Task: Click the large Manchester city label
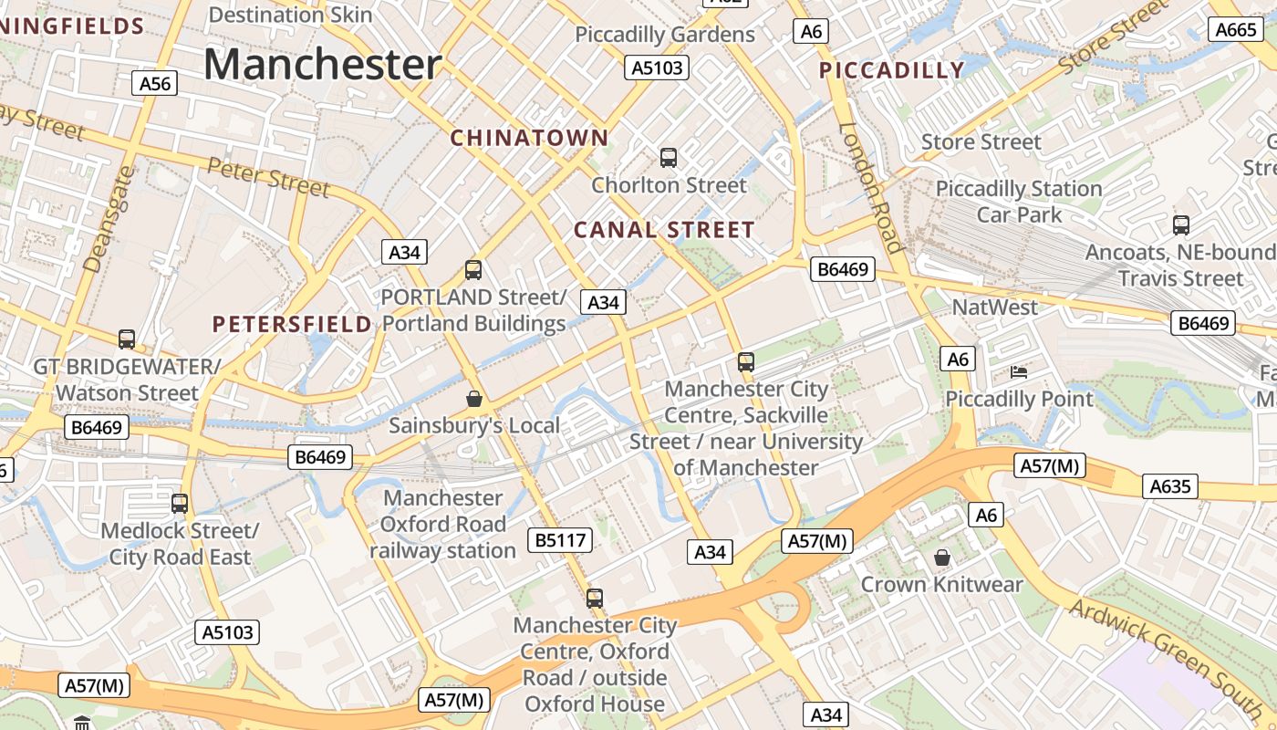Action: (322, 65)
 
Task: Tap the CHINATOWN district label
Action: (529, 138)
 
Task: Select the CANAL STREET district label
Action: (664, 230)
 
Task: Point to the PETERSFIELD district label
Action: (292, 324)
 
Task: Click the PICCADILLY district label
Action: (891, 70)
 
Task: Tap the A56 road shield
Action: (155, 84)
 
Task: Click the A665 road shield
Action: (1237, 29)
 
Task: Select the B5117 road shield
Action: (560, 540)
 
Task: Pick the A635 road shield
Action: (1170, 486)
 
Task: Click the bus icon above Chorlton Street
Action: (669, 158)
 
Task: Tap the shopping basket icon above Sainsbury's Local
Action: (474, 399)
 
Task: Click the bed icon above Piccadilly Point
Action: (1019, 372)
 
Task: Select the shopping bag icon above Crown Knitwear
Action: (942, 558)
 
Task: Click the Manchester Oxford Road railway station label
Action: (442, 525)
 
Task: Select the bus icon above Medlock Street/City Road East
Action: (180, 504)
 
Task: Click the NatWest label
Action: (995, 308)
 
